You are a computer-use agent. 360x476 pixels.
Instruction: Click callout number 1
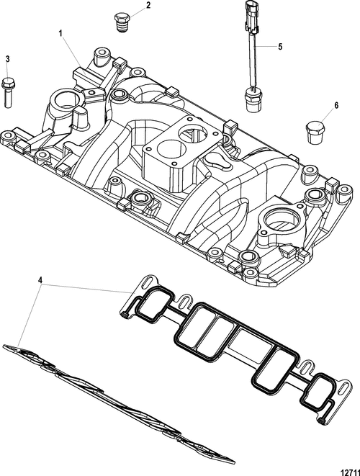[60, 33]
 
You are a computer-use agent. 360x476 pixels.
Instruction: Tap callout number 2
[148, 6]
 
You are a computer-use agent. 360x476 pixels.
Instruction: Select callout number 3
[8, 59]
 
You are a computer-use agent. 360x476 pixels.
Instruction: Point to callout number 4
[40, 280]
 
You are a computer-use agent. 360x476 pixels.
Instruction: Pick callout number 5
[280, 47]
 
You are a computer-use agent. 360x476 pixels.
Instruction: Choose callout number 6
[336, 105]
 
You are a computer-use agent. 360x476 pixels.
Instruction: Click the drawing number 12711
[351, 472]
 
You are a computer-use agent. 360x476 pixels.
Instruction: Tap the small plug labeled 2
[122, 22]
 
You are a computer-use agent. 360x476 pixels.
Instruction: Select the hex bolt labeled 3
[9, 93]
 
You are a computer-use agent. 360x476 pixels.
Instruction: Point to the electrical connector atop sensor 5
[251, 17]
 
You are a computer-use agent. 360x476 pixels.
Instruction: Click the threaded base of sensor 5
[251, 100]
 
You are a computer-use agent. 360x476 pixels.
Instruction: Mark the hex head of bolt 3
[9, 83]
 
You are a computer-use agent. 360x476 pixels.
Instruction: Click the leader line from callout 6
[327, 116]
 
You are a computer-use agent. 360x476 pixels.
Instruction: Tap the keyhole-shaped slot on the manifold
[218, 161]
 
